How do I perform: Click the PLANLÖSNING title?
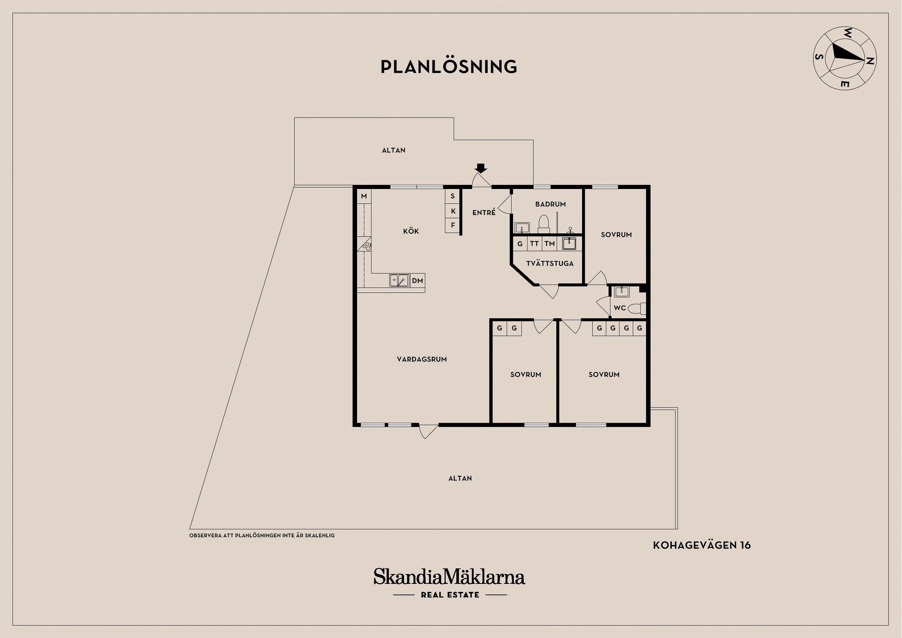pyautogui.click(x=449, y=66)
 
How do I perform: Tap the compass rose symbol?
pyautogui.click(x=845, y=58)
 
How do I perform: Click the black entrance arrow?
pyautogui.click(x=481, y=168)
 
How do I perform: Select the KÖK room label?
pyautogui.click(x=411, y=231)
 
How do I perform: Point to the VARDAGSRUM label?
pyautogui.click(x=422, y=359)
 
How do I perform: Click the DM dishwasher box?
pyautogui.click(x=418, y=281)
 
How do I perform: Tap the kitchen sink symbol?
pyautogui.click(x=399, y=281)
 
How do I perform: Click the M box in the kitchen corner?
pyautogui.click(x=364, y=196)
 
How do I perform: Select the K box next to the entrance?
pyautogui.click(x=453, y=211)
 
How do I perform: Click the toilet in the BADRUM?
pyautogui.click(x=544, y=224)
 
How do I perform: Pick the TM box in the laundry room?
pyautogui.click(x=550, y=244)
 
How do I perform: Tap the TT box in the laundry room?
pyautogui.click(x=535, y=244)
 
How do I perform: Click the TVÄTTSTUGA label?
pyautogui.click(x=550, y=263)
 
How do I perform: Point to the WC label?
pyautogui.click(x=620, y=308)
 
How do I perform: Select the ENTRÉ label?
pyautogui.click(x=484, y=213)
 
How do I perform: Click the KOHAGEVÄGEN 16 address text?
pyautogui.click(x=702, y=545)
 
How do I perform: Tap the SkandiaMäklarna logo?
pyautogui.click(x=450, y=583)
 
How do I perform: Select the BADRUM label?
pyautogui.click(x=551, y=204)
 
